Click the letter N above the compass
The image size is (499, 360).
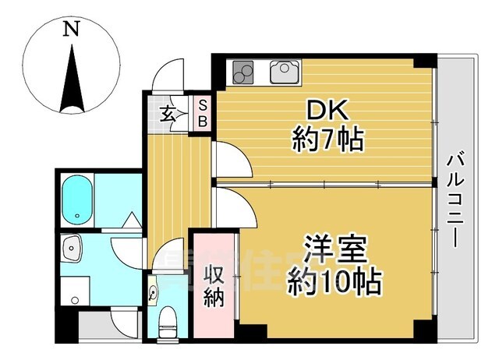click(x=71, y=30)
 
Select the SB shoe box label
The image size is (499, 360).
click(x=201, y=112)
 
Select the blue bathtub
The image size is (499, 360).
click(x=76, y=198)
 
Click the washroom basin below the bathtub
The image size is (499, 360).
click(x=72, y=250)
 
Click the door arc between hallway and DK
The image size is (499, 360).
click(x=231, y=160)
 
